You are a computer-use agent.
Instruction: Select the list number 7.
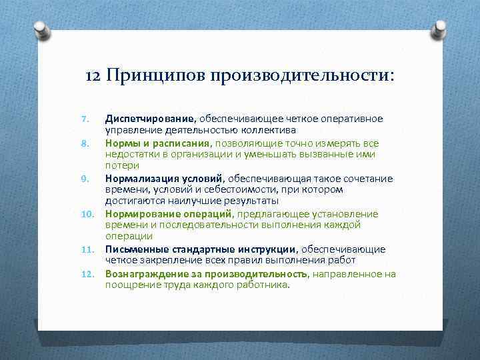[85, 119]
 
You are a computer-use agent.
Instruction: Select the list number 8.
[85, 143]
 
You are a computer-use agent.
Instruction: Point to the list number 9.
[85, 179]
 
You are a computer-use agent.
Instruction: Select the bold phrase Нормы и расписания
[157, 143]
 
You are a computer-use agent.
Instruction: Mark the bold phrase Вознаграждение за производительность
[206, 273]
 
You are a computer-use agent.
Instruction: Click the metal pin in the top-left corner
[41, 29]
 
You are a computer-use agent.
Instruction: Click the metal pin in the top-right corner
[439, 29]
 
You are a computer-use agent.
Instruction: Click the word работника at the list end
[267, 285]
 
